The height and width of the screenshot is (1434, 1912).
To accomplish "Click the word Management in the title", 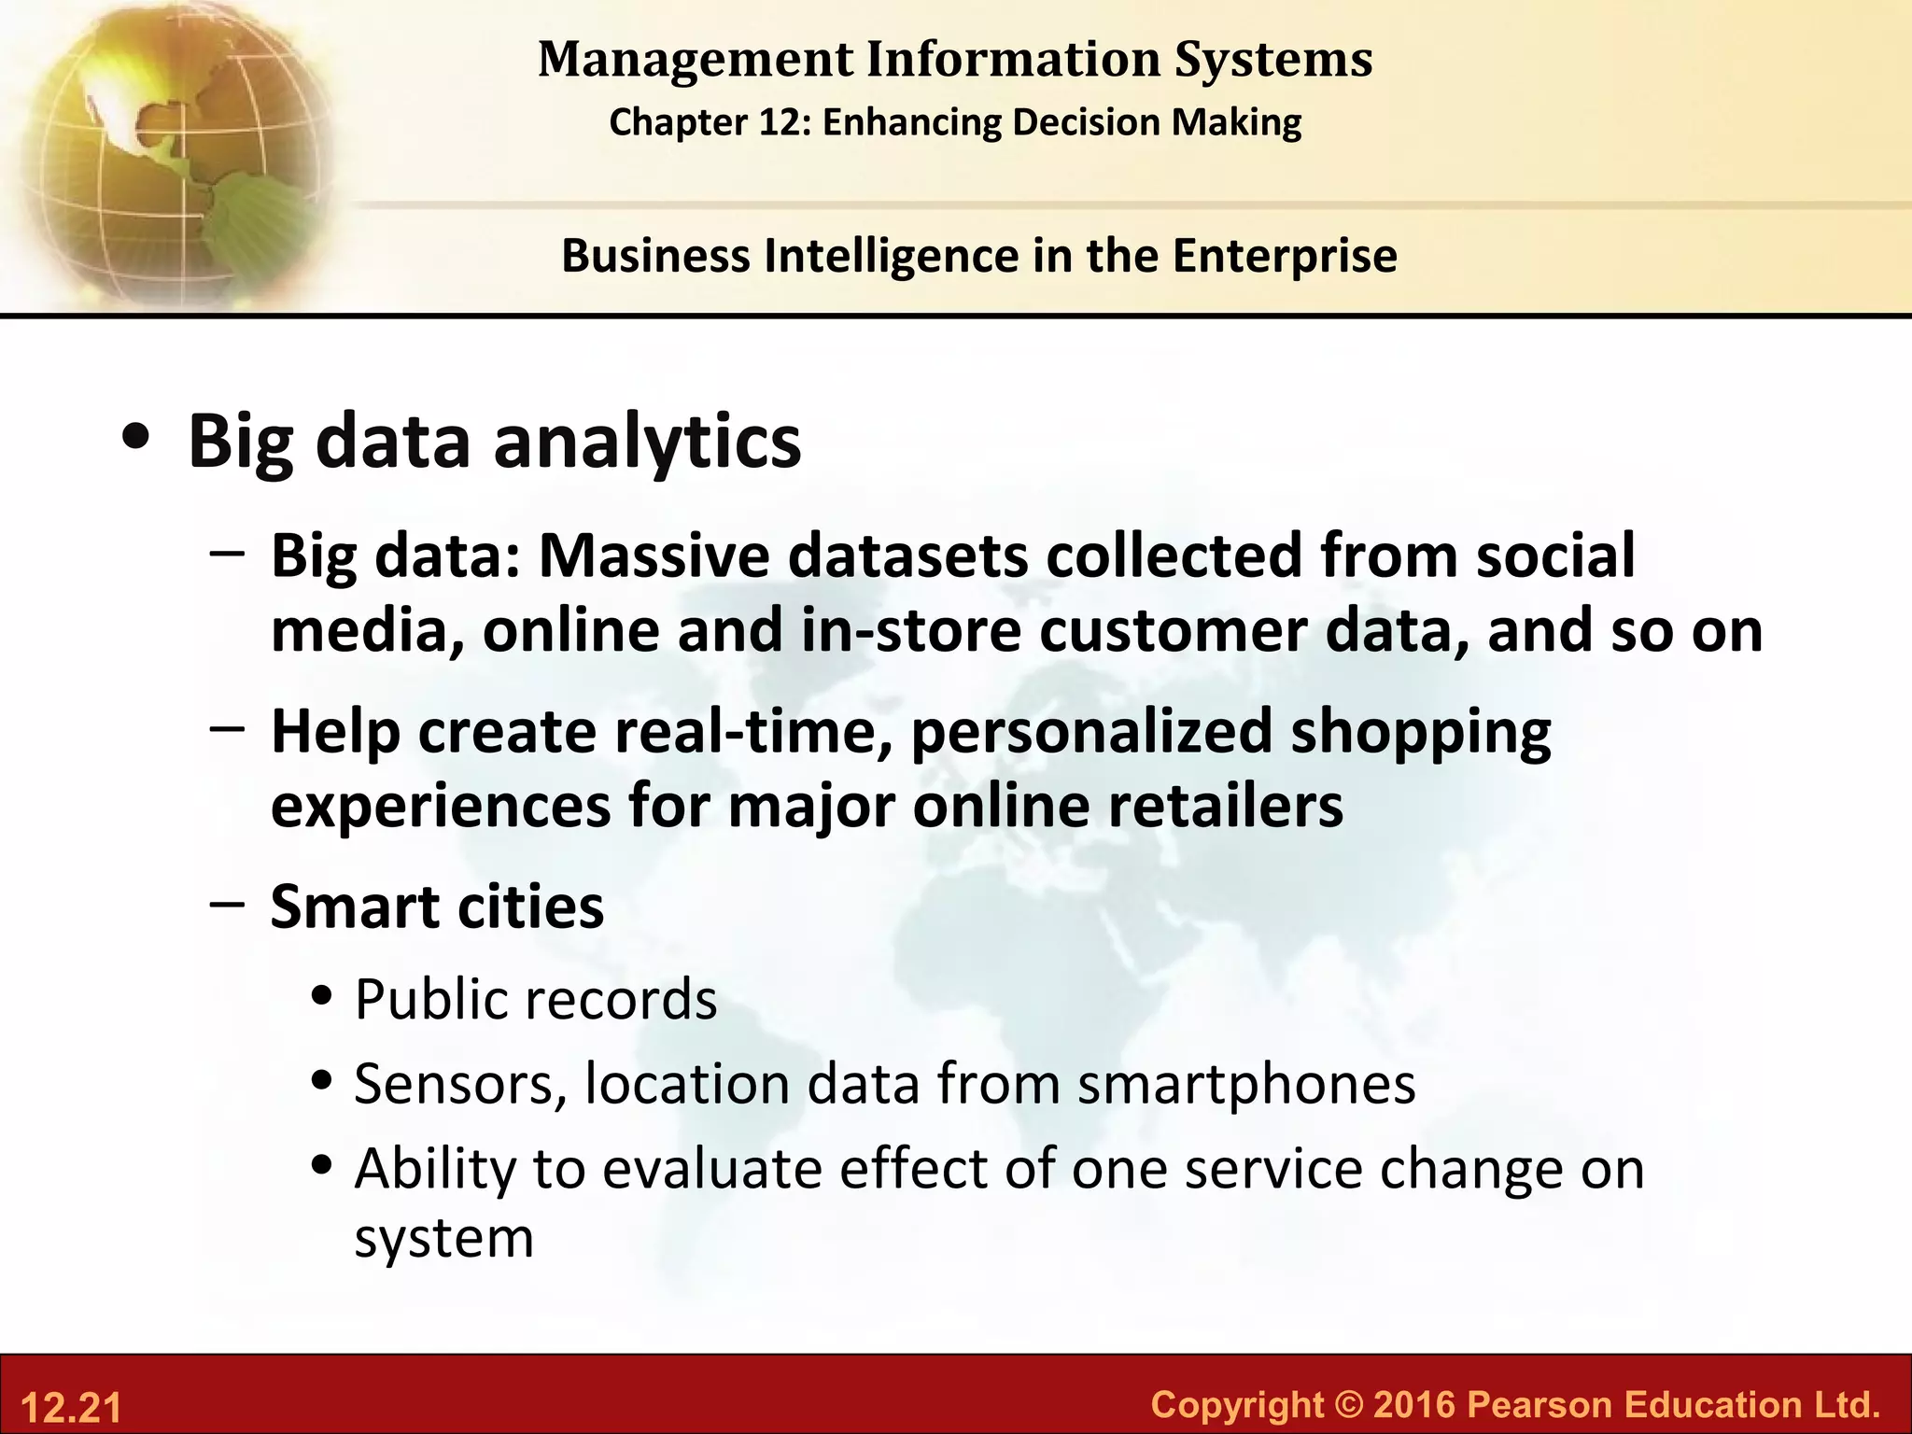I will [695, 60].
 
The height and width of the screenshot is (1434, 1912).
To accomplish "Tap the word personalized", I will [1091, 732].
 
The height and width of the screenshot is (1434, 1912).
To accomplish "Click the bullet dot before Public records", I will [323, 997].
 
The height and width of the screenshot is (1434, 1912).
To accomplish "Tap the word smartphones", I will [1245, 1085].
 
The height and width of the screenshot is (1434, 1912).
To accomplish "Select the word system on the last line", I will [444, 1240].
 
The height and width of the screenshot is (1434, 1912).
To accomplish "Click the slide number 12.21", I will [71, 1408].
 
